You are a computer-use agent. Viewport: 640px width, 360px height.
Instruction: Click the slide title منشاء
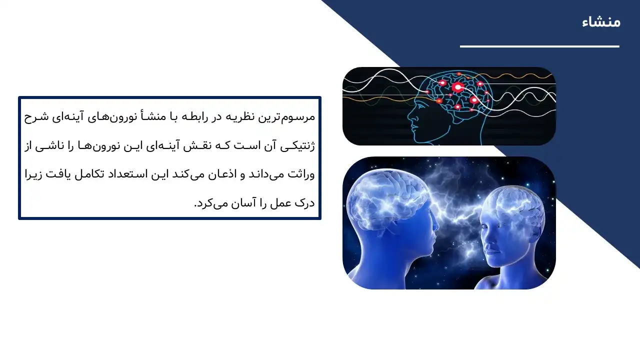coord(601,22)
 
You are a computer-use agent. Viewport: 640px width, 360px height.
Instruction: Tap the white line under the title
coord(539,46)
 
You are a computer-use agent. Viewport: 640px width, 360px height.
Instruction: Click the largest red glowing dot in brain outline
coord(457,88)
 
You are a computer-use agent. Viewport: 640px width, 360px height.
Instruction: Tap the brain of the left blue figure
coord(385,190)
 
